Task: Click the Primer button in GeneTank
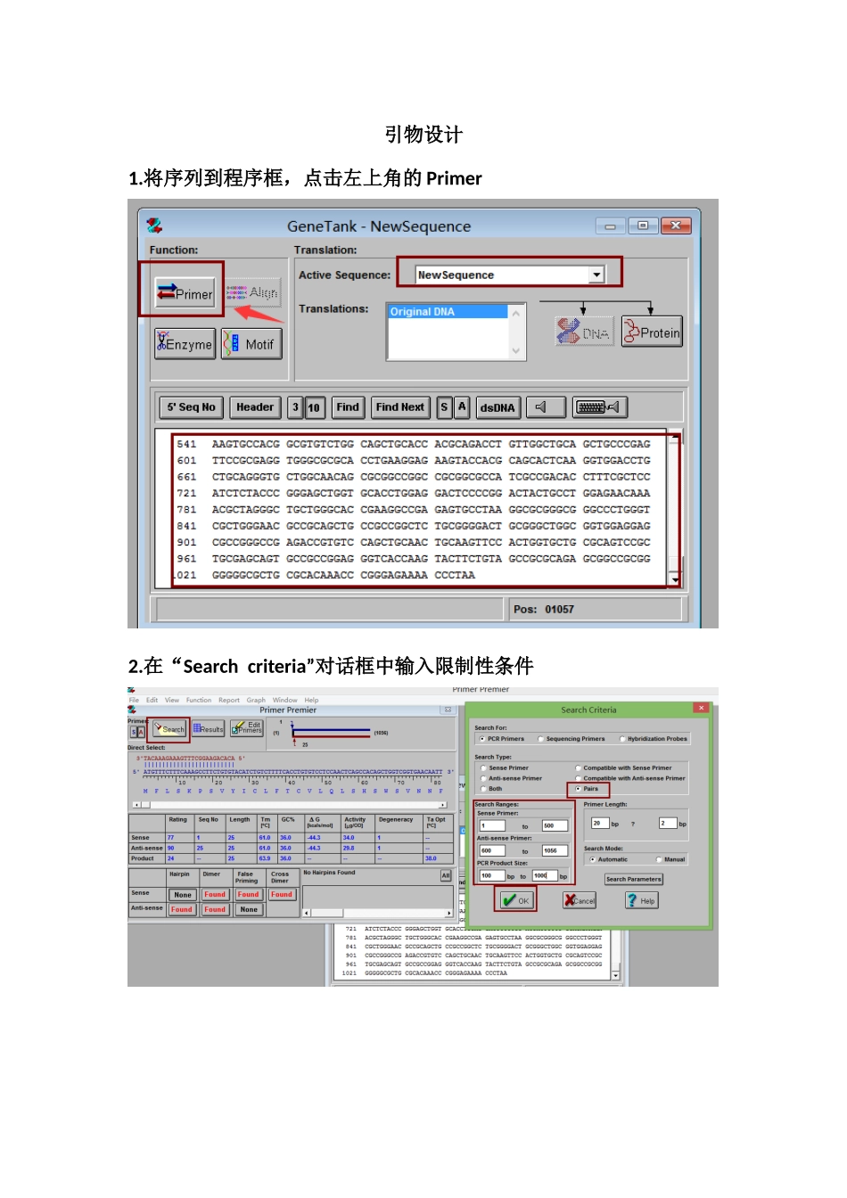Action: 185,292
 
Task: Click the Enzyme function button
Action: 185,344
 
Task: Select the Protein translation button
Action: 652,332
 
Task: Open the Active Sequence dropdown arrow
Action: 596,275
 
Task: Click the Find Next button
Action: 400,407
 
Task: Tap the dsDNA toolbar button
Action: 497,407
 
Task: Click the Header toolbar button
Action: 255,407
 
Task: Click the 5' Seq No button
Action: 191,407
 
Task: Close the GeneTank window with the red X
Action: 675,226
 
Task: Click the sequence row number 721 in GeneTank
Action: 186,493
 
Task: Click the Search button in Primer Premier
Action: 169,729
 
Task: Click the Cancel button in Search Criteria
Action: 580,900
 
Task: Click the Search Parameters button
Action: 633,879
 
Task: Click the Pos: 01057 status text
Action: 544,610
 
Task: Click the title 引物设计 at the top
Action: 423,135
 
